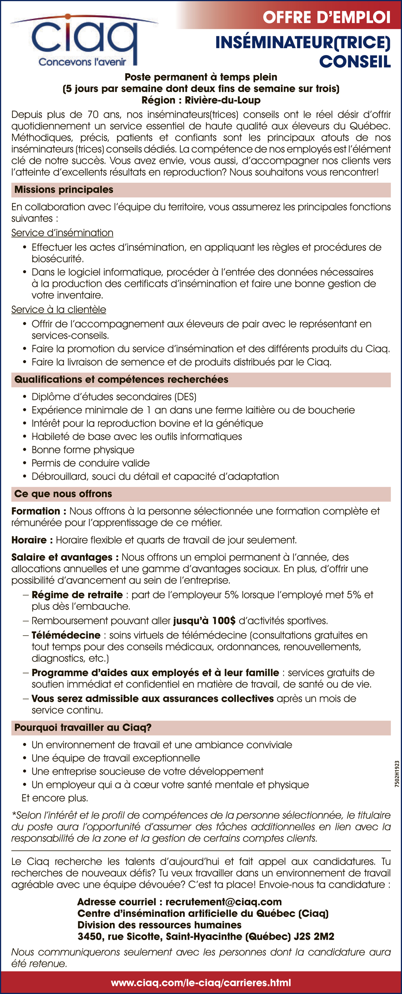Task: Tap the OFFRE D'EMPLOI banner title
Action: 326,17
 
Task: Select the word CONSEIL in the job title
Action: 355,61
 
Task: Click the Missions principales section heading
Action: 64,190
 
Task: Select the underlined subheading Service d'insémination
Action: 62,233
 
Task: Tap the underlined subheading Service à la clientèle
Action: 59,309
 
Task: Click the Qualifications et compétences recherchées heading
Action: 121,379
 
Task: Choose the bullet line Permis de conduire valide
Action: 90,463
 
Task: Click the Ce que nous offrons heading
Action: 63,494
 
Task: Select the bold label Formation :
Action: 39,511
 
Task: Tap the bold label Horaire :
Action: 32,540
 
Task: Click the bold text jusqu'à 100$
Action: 204,621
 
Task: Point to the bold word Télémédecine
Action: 66,635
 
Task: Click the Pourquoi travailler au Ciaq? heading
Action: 83,728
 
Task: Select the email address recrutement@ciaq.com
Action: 224,902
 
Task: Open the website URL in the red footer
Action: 201,983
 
